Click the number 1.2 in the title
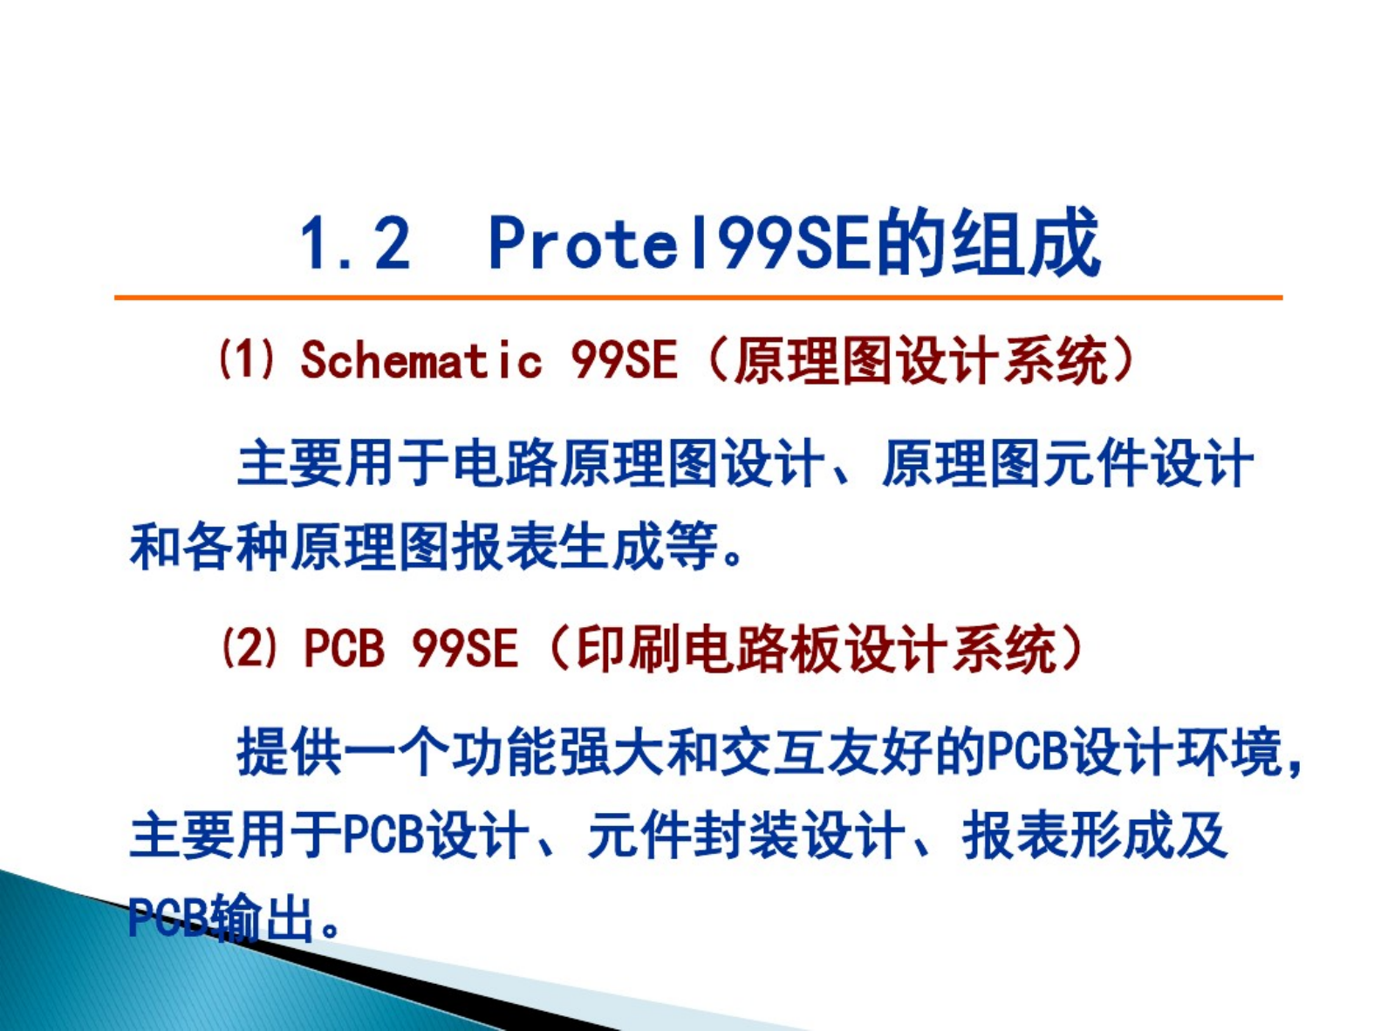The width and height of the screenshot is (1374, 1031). point(355,243)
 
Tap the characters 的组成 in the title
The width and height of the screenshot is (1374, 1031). point(988,242)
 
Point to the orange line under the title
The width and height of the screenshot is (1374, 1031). point(698,297)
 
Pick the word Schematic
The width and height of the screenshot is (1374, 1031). point(421,359)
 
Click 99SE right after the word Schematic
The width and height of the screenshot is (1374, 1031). point(624,359)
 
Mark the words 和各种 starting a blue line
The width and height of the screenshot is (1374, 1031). point(209,545)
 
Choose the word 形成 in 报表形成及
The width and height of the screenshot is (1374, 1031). point(1123,836)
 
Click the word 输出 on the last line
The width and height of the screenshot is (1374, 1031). point(261,918)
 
